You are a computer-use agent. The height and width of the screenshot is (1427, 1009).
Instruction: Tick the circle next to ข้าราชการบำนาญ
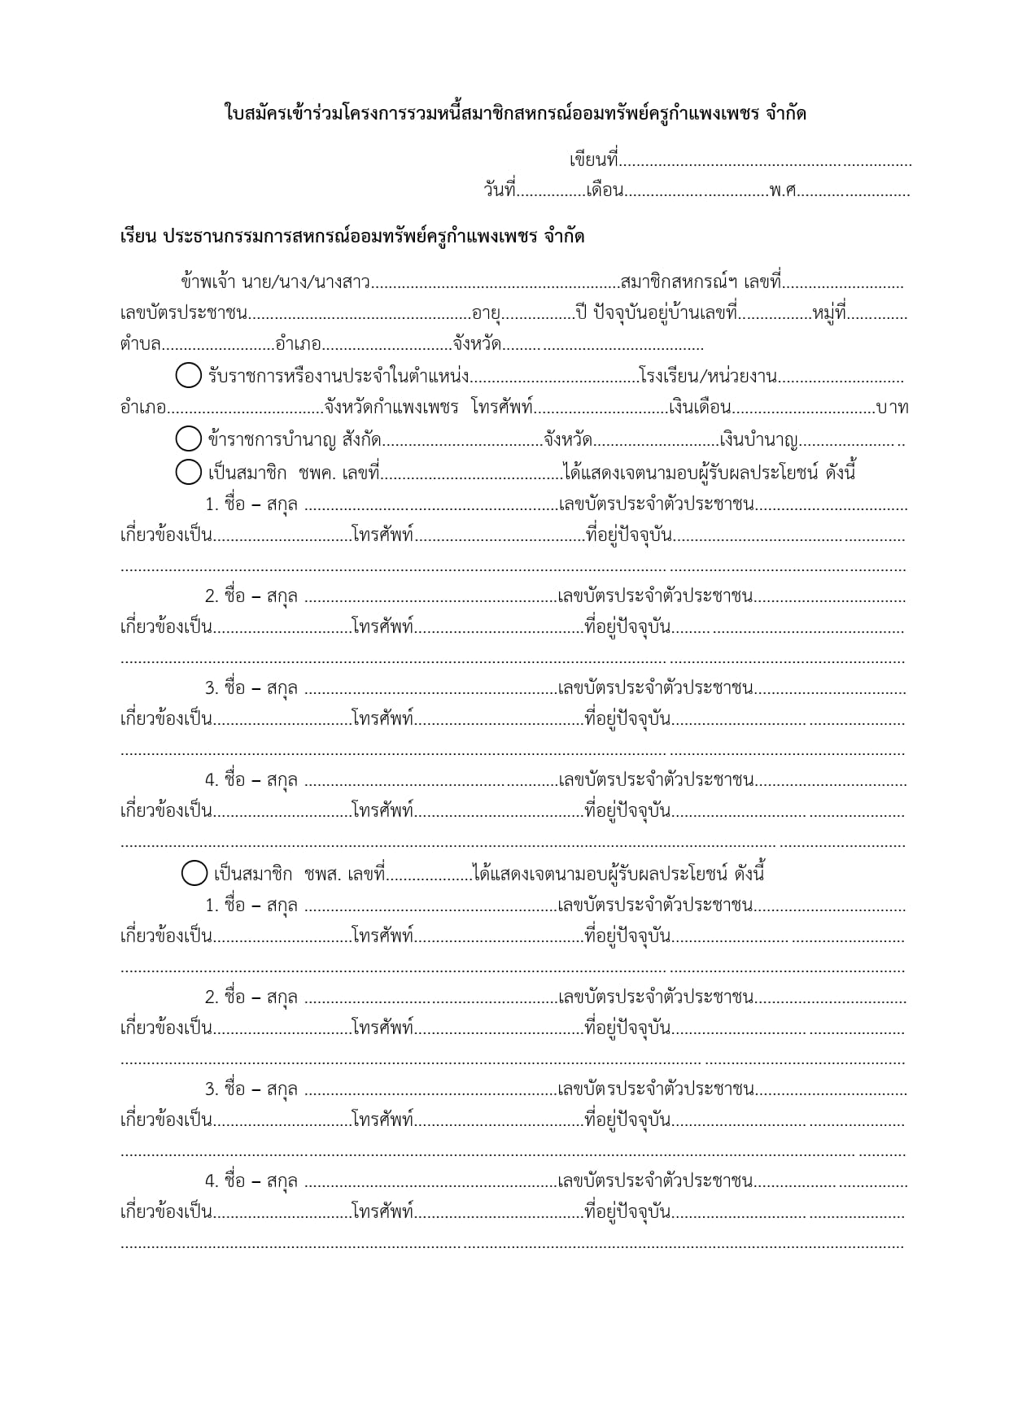point(188,439)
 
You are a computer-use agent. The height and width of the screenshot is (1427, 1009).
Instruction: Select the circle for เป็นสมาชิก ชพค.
point(188,471)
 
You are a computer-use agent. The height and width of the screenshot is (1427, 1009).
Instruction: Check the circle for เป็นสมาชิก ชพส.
point(194,873)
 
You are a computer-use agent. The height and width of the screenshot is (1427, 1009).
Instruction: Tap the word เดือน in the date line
point(605,190)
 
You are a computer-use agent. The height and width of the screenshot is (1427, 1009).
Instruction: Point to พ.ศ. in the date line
point(783,190)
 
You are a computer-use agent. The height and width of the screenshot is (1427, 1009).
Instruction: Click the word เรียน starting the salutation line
point(137,237)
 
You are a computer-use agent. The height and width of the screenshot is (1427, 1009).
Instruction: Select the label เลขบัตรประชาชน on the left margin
point(184,313)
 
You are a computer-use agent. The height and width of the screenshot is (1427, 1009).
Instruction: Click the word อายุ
point(486,314)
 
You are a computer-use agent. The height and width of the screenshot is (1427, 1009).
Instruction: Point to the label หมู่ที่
point(829,313)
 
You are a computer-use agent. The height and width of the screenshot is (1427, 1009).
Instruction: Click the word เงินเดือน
point(700,407)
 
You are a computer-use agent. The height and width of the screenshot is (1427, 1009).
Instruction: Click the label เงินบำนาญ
point(759,440)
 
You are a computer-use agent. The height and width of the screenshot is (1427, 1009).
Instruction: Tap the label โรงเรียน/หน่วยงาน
point(708,376)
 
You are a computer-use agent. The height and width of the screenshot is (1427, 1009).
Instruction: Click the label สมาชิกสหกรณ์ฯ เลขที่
point(701,282)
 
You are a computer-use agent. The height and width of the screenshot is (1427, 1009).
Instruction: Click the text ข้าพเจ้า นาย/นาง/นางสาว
point(276,282)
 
